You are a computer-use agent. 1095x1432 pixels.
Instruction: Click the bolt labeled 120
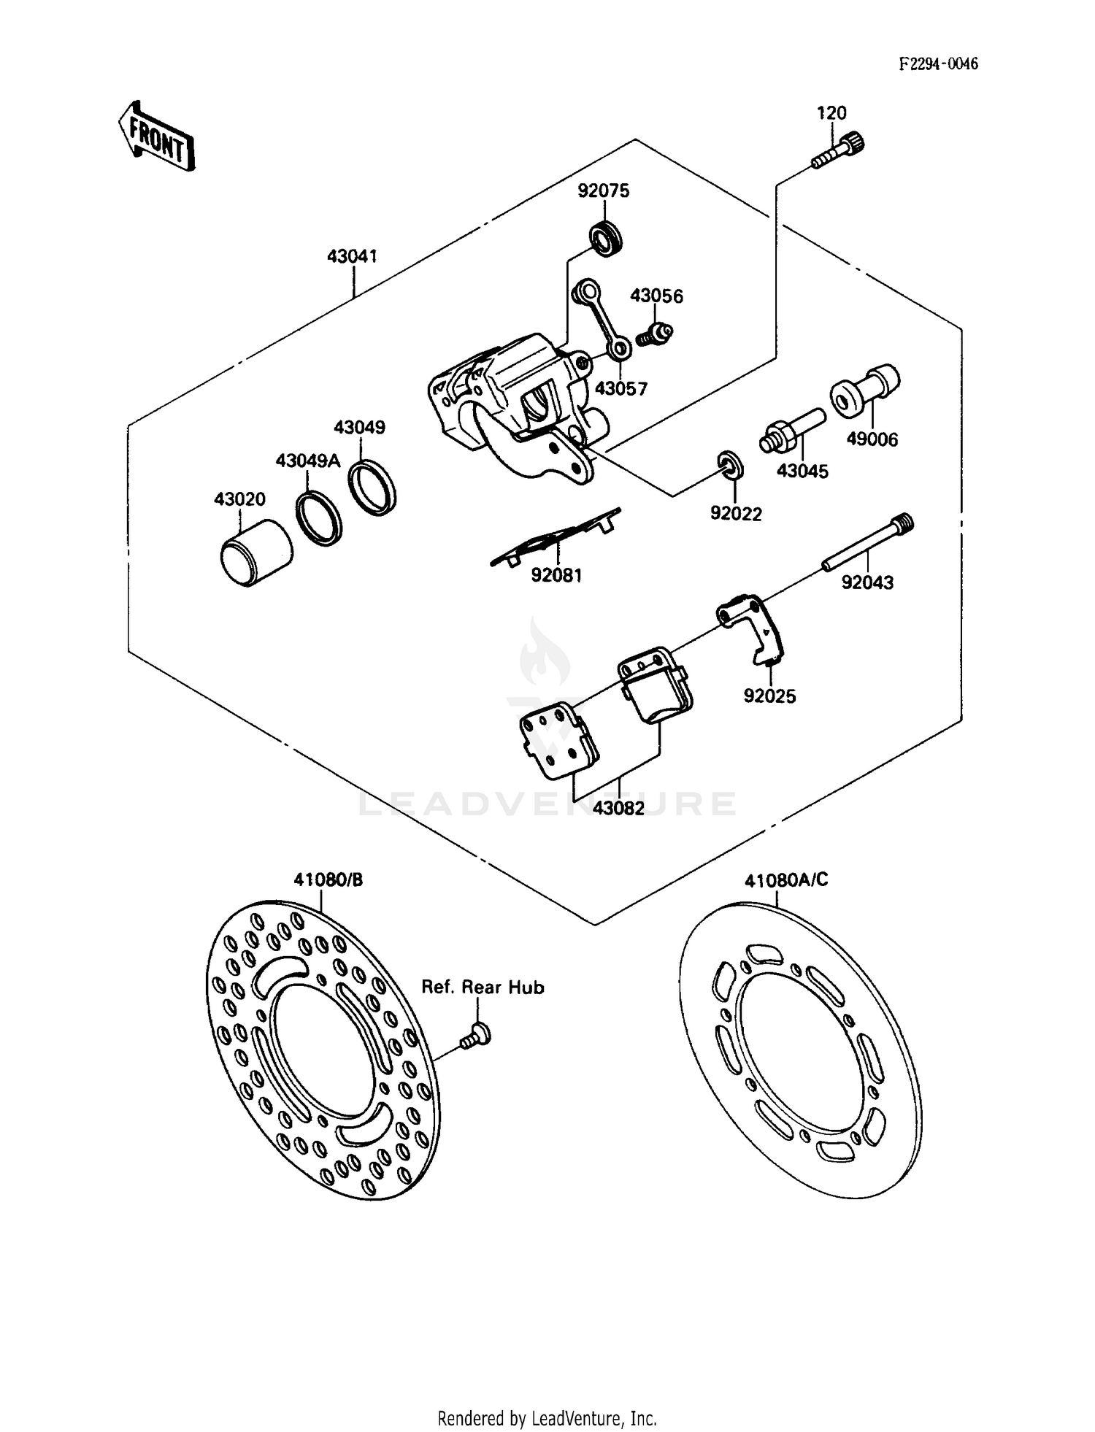pyautogui.click(x=839, y=149)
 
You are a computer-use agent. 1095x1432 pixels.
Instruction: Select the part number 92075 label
pyautogui.click(x=603, y=190)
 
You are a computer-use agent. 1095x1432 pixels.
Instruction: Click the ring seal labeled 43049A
pyautogui.click(x=319, y=518)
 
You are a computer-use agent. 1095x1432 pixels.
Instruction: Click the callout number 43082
pyautogui.click(x=618, y=808)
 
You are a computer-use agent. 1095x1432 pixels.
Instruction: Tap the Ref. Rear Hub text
pyautogui.click(x=483, y=988)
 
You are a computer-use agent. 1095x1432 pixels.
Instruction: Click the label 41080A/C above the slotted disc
pyautogui.click(x=785, y=880)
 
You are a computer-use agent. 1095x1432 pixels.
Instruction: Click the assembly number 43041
pyautogui.click(x=352, y=256)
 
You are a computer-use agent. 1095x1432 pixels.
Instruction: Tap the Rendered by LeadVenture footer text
pyautogui.click(x=547, y=1418)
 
